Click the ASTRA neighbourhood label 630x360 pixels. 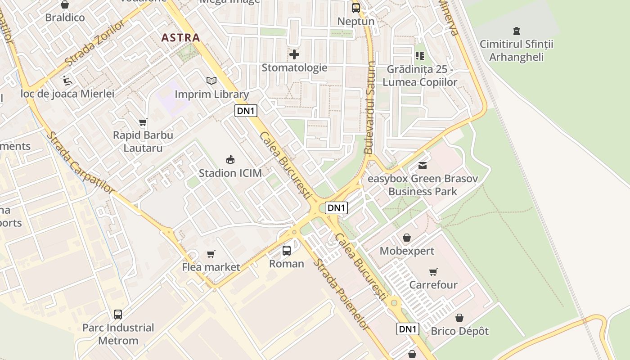[180, 37]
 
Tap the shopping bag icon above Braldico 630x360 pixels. [65, 5]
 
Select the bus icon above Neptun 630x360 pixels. [356, 8]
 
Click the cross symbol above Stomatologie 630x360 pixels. [294, 54]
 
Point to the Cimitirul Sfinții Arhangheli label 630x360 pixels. [516, 50]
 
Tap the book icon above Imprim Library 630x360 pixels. [211, 81]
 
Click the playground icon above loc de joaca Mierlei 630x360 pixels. [67, 80]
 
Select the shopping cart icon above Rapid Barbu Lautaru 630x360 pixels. [143, 122]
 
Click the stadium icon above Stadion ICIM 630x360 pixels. [230, 159]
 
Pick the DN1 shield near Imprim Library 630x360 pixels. [246, 111]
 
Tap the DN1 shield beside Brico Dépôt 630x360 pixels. [408, 329]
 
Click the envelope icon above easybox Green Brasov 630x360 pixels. [423, 166]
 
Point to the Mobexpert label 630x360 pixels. [407, 251]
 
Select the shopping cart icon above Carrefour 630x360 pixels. [433, 272]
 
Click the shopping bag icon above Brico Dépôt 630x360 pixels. [459, 318]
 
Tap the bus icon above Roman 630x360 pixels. [287, 250]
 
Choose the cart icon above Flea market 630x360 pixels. [211, 254]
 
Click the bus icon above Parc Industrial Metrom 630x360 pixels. [118, 314]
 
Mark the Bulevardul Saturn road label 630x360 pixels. [370, 108]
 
